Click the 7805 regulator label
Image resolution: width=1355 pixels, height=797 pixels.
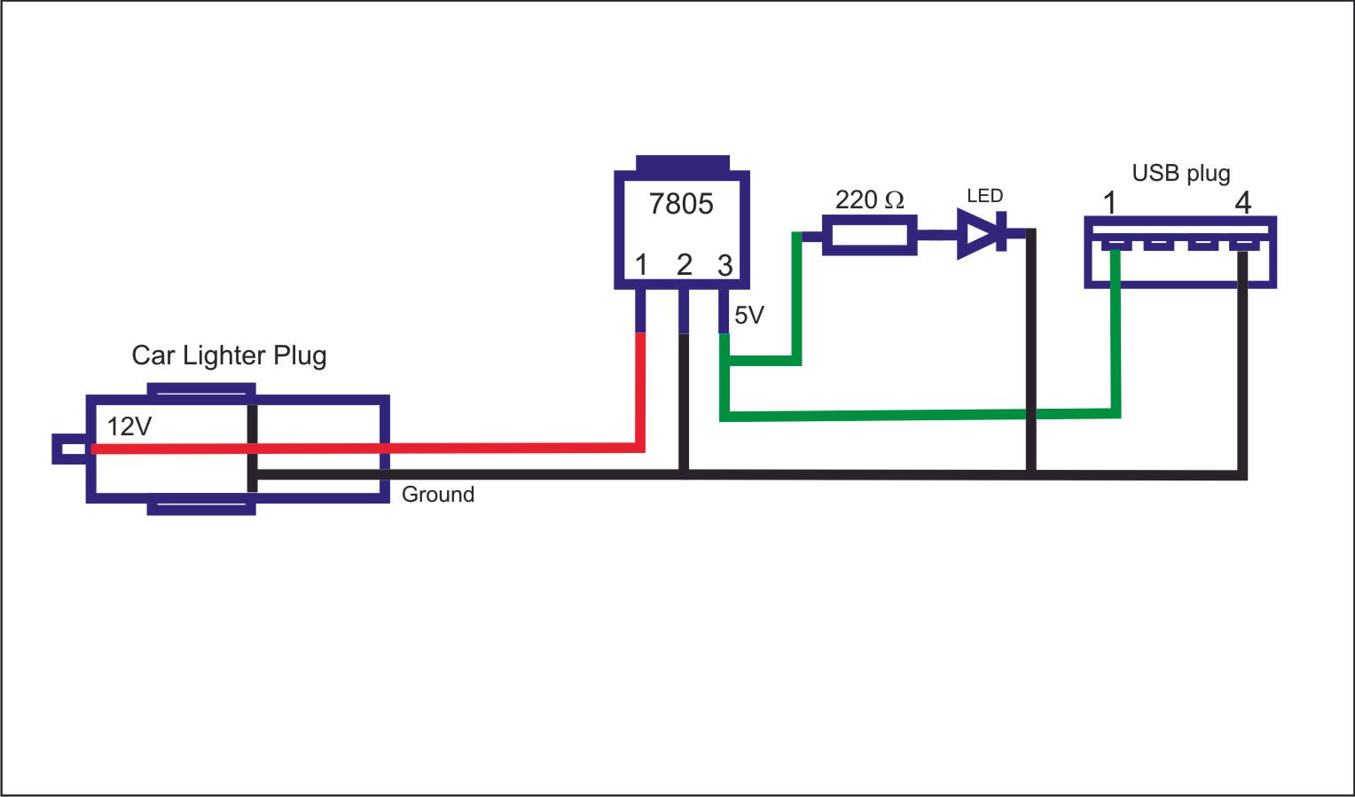pos(681,204)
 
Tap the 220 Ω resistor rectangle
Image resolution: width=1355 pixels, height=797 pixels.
pos(869,235)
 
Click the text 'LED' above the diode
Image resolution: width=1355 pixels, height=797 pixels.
pos(985,195)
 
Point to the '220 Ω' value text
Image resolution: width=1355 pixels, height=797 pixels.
pos(869,199)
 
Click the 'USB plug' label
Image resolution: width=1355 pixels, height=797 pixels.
pos(1181,174)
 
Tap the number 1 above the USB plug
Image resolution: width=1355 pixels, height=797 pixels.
pos(1109,203)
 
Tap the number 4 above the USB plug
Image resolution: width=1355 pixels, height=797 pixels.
pos(1243,203)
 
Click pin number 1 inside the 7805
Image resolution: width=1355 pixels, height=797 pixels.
pos(641,265)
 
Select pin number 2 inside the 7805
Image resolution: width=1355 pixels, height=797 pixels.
pos(685,265)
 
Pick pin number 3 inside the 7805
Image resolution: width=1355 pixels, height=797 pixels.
pos(724,265)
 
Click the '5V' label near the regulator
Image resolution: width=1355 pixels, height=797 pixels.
pos(749,315)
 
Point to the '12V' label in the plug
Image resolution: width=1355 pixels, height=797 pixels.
pos(129,427)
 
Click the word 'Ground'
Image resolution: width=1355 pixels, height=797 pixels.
pos(438,495)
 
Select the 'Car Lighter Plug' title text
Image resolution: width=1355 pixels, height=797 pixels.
pos(230,356)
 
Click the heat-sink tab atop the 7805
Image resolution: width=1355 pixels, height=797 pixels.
pos(682,163)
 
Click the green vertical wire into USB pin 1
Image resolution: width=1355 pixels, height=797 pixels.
pos(1116,332)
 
